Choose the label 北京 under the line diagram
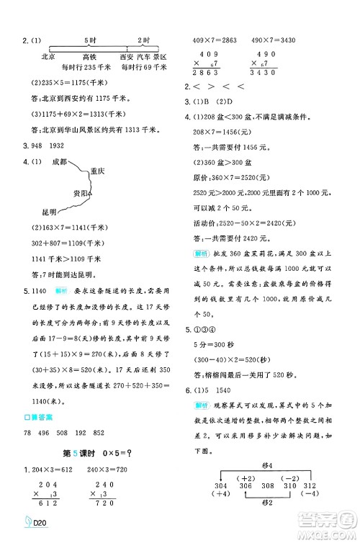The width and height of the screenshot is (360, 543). [x=50, y=56]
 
